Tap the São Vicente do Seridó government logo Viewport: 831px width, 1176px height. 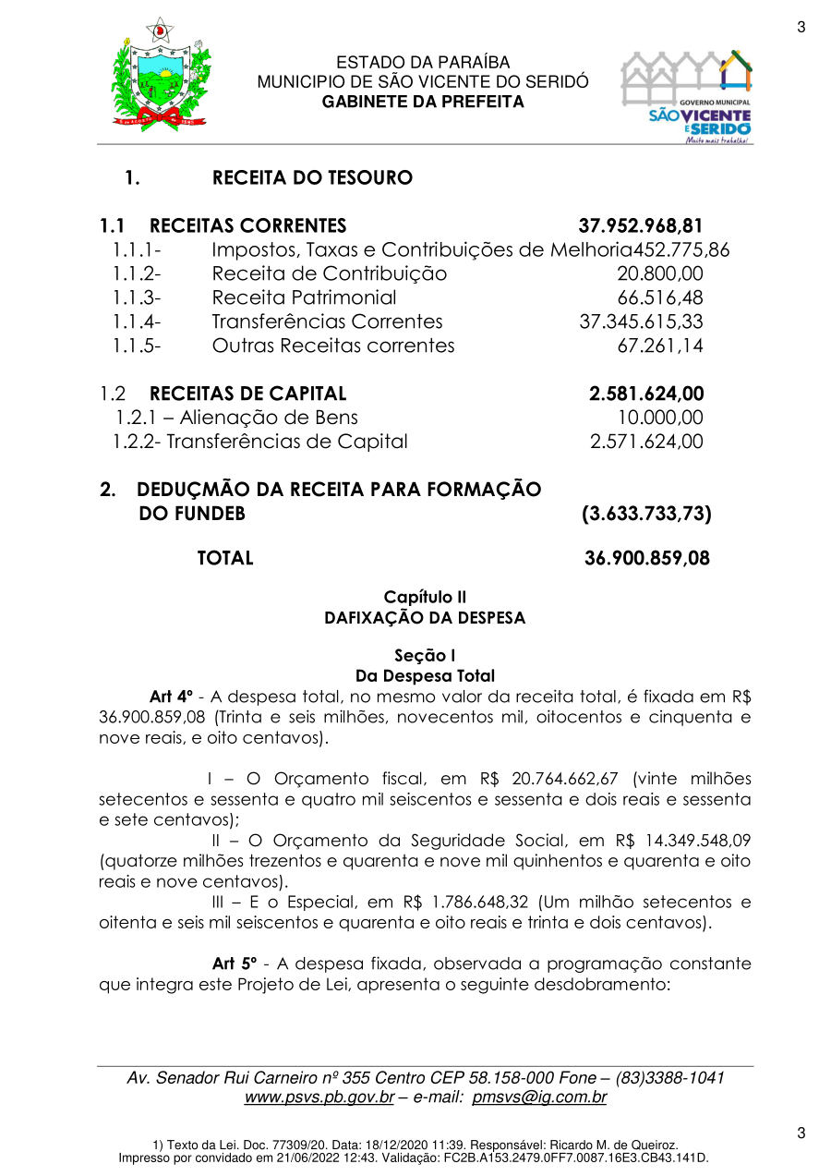[686, 96]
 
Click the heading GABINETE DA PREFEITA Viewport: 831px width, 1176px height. [423, 102]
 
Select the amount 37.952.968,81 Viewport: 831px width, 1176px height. [641, 226]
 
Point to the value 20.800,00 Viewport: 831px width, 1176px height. [659, 274]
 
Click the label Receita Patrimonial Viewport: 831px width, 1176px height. [304, 298]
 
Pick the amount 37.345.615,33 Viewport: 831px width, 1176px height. [641, 322]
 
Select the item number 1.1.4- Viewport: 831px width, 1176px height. [137, 322]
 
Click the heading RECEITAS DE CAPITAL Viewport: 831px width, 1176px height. [247, 394]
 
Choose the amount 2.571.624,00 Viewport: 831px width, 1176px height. [646, 443]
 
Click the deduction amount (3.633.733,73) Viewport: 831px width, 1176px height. [646, 515]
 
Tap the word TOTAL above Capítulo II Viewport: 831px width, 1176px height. [225, 559]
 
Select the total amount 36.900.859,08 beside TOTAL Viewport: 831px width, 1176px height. [647, 559]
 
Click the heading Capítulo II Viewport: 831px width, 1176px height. [424, 598]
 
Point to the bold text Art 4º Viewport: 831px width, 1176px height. [171, 697]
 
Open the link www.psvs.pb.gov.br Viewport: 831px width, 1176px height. [319, 1097]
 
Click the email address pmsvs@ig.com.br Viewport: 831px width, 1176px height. [539, 1097]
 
